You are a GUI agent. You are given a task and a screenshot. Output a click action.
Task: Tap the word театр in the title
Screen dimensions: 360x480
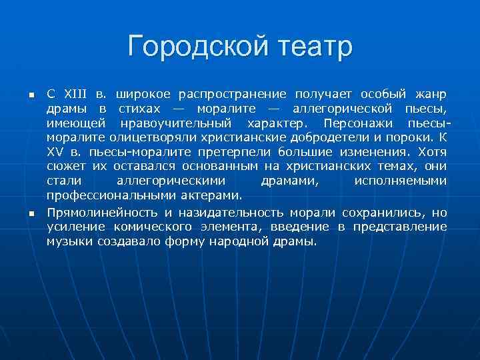[309, 46]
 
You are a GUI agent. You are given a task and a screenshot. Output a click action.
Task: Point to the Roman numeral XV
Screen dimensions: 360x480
[55, 151]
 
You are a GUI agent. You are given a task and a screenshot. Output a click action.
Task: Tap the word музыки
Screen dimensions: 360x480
[67, 241]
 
